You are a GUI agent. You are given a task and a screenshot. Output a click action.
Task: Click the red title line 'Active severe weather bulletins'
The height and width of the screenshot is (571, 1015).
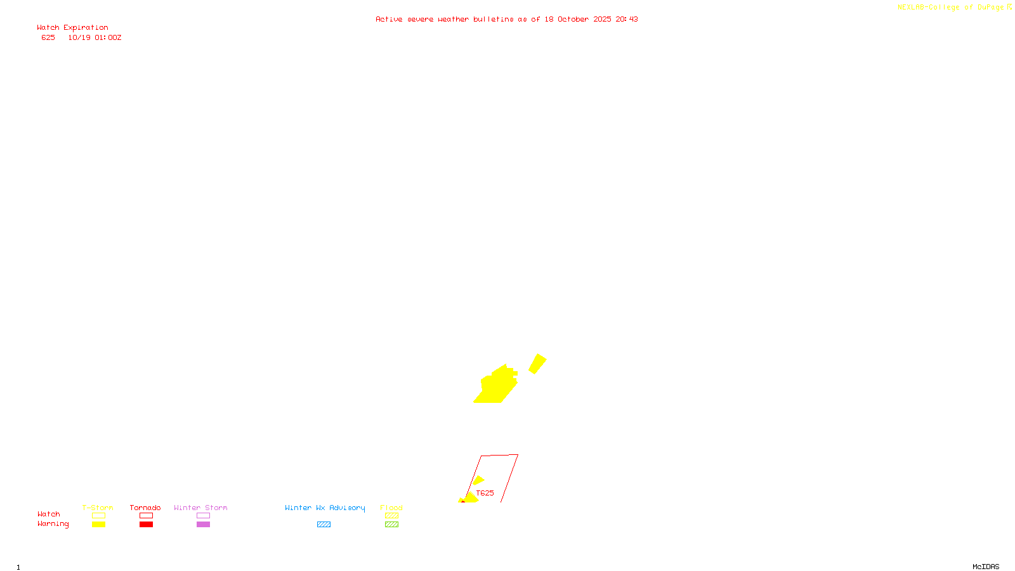pyautogui.click(x=506, y=19)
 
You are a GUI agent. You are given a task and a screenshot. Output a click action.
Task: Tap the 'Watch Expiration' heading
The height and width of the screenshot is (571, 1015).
pyautogui.click(x=72, y=28)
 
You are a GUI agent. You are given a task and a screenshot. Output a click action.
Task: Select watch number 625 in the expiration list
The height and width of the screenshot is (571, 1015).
pyautogui.click(x=48, y=38)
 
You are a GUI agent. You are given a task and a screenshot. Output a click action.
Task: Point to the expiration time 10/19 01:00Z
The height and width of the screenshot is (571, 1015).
pyautogui.click(x=95, y=38)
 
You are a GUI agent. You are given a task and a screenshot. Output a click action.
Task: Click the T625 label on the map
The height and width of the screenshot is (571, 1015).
pyautogui.click(x=485, y=493)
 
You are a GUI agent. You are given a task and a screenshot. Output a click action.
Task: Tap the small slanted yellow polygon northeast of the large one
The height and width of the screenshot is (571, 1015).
pyautogui.click(x=537, y=364)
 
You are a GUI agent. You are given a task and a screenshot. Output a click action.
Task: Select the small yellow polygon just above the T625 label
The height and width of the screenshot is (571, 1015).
pyautogui.click(x=478, y=480)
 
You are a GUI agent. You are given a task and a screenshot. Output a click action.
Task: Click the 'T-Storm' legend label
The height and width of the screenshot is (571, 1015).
pyautogui.click(x=98, y=508)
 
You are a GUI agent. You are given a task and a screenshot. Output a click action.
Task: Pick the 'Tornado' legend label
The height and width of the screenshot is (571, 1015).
pyautogui.click(x=145, y=508)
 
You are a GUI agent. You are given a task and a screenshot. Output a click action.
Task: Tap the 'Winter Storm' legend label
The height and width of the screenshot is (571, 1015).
pyautogui.click(x=200, y=508)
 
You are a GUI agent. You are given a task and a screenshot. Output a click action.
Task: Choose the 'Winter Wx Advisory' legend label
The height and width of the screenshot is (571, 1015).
pyautogui.click(x=325, y=508)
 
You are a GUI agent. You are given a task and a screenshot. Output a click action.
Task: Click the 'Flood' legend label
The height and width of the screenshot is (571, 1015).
pyautogui.click(x=391, y=508)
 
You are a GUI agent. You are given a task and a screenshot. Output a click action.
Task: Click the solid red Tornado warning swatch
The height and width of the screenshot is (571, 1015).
pyautogui.click(x=146, y=525)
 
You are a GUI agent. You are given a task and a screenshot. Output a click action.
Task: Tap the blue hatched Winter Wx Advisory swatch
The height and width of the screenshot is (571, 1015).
pyautogui.click(x=324, y=525)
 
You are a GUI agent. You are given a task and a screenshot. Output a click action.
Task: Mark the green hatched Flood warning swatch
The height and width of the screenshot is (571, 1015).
pyautogui.click(x=391, y=525)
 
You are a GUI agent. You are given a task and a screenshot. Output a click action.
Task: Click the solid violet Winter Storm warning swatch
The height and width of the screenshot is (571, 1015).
pyautogui.click(x=203, y=525)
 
